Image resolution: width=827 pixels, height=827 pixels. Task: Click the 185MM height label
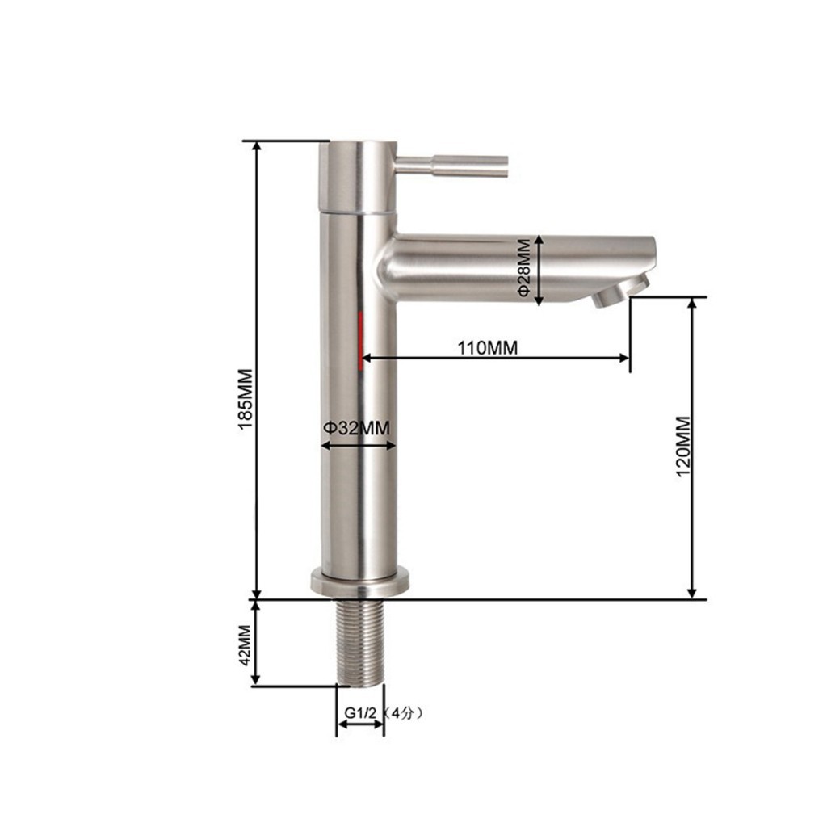coord(246,399)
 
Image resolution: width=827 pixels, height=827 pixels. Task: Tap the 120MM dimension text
coord(683,447)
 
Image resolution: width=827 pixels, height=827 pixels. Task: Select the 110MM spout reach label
coord(487,347)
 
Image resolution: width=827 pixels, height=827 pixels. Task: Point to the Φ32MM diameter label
coord(356,428)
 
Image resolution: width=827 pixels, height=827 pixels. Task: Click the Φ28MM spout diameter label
coord(523,267)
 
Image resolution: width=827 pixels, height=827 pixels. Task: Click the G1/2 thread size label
coord(361,713)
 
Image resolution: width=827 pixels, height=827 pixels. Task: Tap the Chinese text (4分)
coord(403,714)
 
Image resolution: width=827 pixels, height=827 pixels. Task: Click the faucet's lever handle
coord(451,166)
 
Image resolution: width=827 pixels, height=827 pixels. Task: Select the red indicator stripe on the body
coord(361,341)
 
